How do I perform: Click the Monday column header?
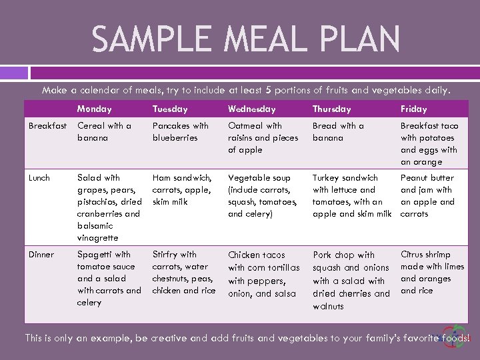coord(94,109)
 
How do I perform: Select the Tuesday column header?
coord(170,109)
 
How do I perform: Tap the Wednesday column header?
coord(251,109)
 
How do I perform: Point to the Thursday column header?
coord(331,109)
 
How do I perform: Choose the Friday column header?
coord(413,109)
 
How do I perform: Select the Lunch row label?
coord(39,178)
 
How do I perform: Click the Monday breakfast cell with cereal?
coord(104,131)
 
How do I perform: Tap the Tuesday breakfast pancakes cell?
coord(180,131)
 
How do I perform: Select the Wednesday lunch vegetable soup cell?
coord(263,196)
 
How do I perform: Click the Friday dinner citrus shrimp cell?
coord(432,272)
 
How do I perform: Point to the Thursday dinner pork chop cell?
coord(351,280)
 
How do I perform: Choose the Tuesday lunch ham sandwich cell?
coord(182,190)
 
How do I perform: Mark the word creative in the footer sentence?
coord(169,338)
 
